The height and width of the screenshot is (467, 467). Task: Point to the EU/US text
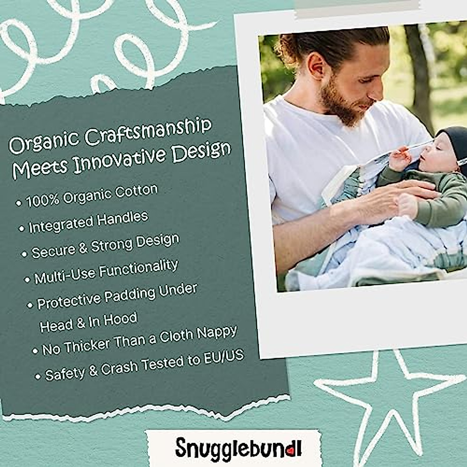223,357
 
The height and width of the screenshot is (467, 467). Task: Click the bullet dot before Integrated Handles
21,229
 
